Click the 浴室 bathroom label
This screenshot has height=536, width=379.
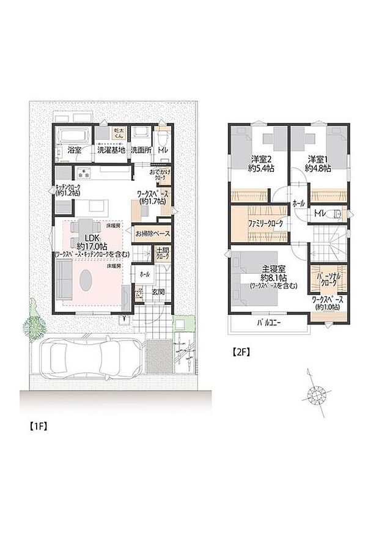tap(75, 149)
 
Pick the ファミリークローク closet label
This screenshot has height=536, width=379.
tap(265, 224)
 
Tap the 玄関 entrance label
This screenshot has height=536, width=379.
tap(156, 292)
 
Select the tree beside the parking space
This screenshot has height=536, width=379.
tap(35, 323)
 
